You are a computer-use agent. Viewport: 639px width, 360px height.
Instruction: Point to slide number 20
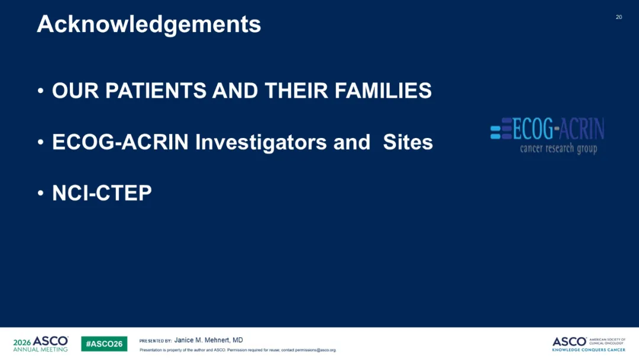(x=619, y=17)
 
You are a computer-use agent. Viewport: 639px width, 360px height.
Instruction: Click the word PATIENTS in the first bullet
(x=156, y=91)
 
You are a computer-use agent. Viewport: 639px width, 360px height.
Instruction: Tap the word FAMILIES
(x=383, y=91)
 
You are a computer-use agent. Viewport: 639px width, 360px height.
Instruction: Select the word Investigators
(x=261, y=143)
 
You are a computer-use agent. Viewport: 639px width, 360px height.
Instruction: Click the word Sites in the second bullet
(x=408, y=142)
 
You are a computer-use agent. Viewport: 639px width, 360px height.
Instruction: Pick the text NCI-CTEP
(x=102, y=193)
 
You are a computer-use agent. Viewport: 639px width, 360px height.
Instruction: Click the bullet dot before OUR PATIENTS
(x=40, y=91)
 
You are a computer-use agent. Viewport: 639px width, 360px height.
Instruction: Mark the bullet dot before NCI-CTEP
(x=40, y=193)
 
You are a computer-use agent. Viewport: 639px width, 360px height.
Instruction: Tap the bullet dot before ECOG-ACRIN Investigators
(x=40, y=142)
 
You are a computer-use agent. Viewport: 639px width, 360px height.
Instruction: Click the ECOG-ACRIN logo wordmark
(x=559, y=128)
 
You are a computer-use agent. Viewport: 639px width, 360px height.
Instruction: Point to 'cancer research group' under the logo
(x=559, y=149)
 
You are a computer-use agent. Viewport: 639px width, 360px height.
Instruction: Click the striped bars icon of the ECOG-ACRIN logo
(x=501, y=129)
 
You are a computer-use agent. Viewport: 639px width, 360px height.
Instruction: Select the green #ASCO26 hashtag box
(x=104, y=343)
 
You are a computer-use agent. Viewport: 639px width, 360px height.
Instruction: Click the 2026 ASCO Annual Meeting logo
(x=40, y=343)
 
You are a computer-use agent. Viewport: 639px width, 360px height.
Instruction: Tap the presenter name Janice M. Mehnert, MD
(x=209, y=340)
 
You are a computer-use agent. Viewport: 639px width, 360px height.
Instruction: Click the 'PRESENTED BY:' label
(x=156, y=341)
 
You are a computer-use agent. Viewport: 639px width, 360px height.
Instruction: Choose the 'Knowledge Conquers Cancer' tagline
(x=589, y=350)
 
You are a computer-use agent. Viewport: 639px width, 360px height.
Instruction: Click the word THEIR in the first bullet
(x=296, y=91)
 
